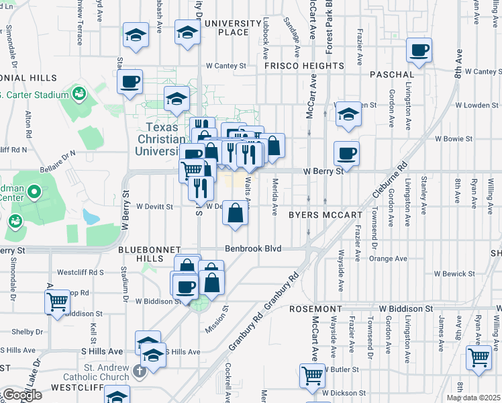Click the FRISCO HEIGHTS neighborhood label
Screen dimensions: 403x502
(304, 66)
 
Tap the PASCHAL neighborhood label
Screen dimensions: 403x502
(391, 74)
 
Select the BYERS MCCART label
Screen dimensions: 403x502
(325, 215)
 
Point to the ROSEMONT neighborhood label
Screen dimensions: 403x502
(316, 308)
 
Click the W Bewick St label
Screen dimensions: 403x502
(455, 273)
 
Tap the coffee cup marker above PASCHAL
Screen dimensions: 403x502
(419, 50)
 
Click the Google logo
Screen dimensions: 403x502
(22, 395)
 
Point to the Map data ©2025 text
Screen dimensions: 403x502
(476, 398)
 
